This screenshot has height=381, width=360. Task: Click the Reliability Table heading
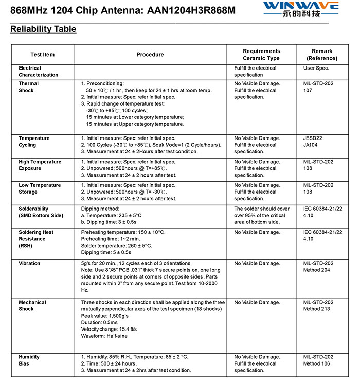pos(43,29)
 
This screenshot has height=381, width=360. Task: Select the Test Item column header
pos(42,55)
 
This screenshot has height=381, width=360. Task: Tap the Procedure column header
pos(150,55)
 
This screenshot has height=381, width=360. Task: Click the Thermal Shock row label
pos(29,87)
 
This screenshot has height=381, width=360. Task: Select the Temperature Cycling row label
pos(34,142)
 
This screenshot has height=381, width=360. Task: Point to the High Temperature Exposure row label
pos(40,165)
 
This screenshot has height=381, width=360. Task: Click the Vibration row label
pos(29,263)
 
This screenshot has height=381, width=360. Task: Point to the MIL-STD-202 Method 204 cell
pos(318,267)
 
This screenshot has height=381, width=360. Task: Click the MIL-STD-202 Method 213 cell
pos(318,306)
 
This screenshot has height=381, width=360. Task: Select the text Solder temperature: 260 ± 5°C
pos(117,246)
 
